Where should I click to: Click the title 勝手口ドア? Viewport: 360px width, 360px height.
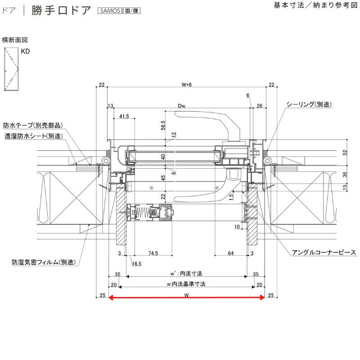(61, 10)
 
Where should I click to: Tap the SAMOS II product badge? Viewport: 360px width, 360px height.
(119, 10)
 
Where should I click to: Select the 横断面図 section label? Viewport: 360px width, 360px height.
(15, 40)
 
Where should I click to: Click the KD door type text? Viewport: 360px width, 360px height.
(25, 51)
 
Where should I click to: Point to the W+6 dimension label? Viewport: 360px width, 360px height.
(186, 85)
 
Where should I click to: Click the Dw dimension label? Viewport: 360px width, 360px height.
(181, 106)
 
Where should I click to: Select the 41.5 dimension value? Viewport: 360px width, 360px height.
(124, 116)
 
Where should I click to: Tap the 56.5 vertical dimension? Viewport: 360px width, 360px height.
(163, 126)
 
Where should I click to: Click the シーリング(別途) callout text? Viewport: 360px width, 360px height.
(309, 104)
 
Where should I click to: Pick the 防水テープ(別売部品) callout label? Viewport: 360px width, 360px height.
(33, 125)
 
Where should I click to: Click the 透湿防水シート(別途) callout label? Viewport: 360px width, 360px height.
(33, 136)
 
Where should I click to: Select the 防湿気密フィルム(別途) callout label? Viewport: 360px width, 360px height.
(44, 262)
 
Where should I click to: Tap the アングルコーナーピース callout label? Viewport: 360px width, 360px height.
(324, 252)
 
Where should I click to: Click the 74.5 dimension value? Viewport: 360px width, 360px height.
(153, 253)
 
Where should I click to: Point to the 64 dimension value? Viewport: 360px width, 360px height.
(231, 253)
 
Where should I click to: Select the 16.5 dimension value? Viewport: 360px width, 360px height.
(136, 264)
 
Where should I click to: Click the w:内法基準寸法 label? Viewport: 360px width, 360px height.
(186, 284)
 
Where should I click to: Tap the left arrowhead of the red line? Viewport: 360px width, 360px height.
(110, 297)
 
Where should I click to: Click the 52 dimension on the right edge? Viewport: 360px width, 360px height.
(345, 152)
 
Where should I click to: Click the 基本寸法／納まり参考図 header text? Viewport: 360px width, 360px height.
(316, 5)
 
